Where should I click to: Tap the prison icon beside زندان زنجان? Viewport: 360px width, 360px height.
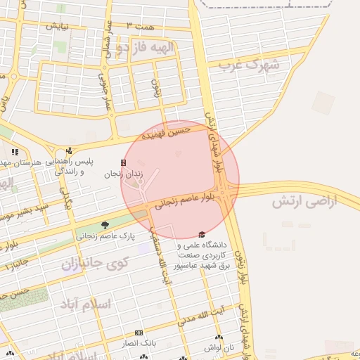[x=124, y=162]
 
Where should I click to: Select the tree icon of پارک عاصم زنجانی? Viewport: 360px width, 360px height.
[x=105, y=225]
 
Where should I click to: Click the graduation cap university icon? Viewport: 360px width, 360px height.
[x=202, y=234]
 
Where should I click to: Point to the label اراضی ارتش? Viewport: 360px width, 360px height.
[x=304, y=202]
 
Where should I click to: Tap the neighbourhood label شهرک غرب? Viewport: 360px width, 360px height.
[x=249, y=66]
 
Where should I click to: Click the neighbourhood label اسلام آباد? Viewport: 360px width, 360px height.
[x=88, y=304]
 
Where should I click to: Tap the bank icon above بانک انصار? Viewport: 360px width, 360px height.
[x=139, y=333]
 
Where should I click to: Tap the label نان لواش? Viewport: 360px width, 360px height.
[x=219, y=347]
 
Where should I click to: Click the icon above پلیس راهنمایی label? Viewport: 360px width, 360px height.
[x=69, y=150]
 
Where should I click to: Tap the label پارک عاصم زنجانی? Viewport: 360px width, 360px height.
[x=104, y=236]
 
